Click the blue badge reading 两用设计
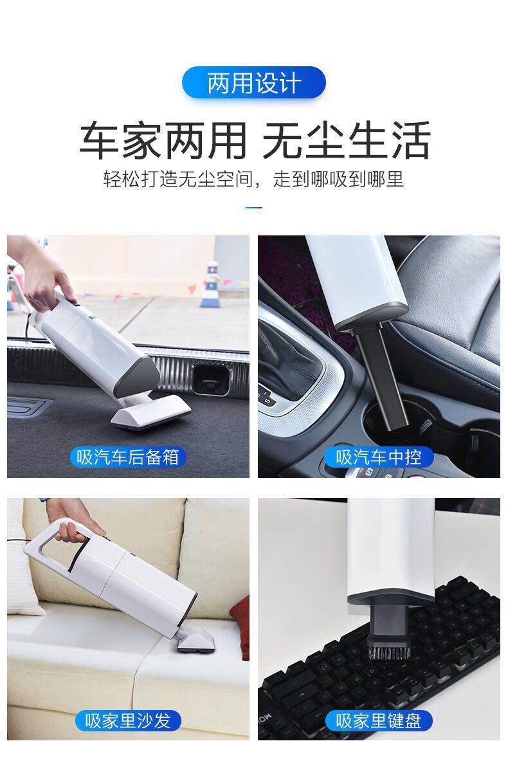coord(253,83)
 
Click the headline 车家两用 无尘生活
coord(255,141)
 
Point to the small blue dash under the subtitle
coord(254,208)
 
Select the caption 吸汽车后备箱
coord(128,457)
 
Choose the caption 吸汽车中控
coord(378,457)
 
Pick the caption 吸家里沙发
coord(128,721)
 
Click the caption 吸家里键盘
coord(378,721)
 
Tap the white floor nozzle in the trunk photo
coord(150,411)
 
